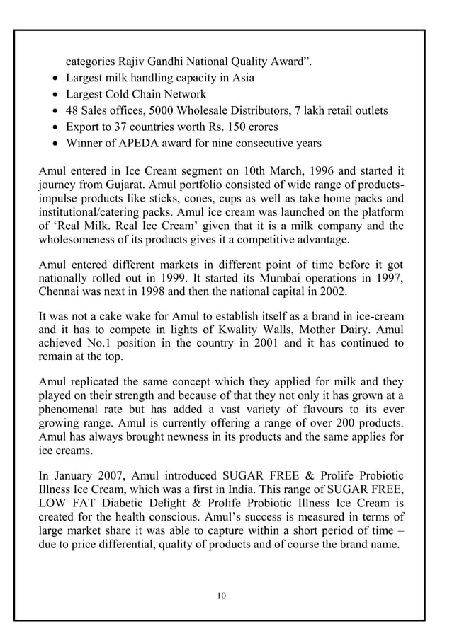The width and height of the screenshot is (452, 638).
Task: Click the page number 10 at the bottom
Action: click(x=222, y=596)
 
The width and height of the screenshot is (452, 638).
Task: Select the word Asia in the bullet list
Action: click(x=241, y=78)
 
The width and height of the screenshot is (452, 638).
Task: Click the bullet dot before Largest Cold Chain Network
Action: click(x=57, y=95)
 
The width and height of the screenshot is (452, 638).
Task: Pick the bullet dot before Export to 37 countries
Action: click(x=57, y=127)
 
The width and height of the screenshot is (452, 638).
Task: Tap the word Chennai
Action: click(x=59, y=298)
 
